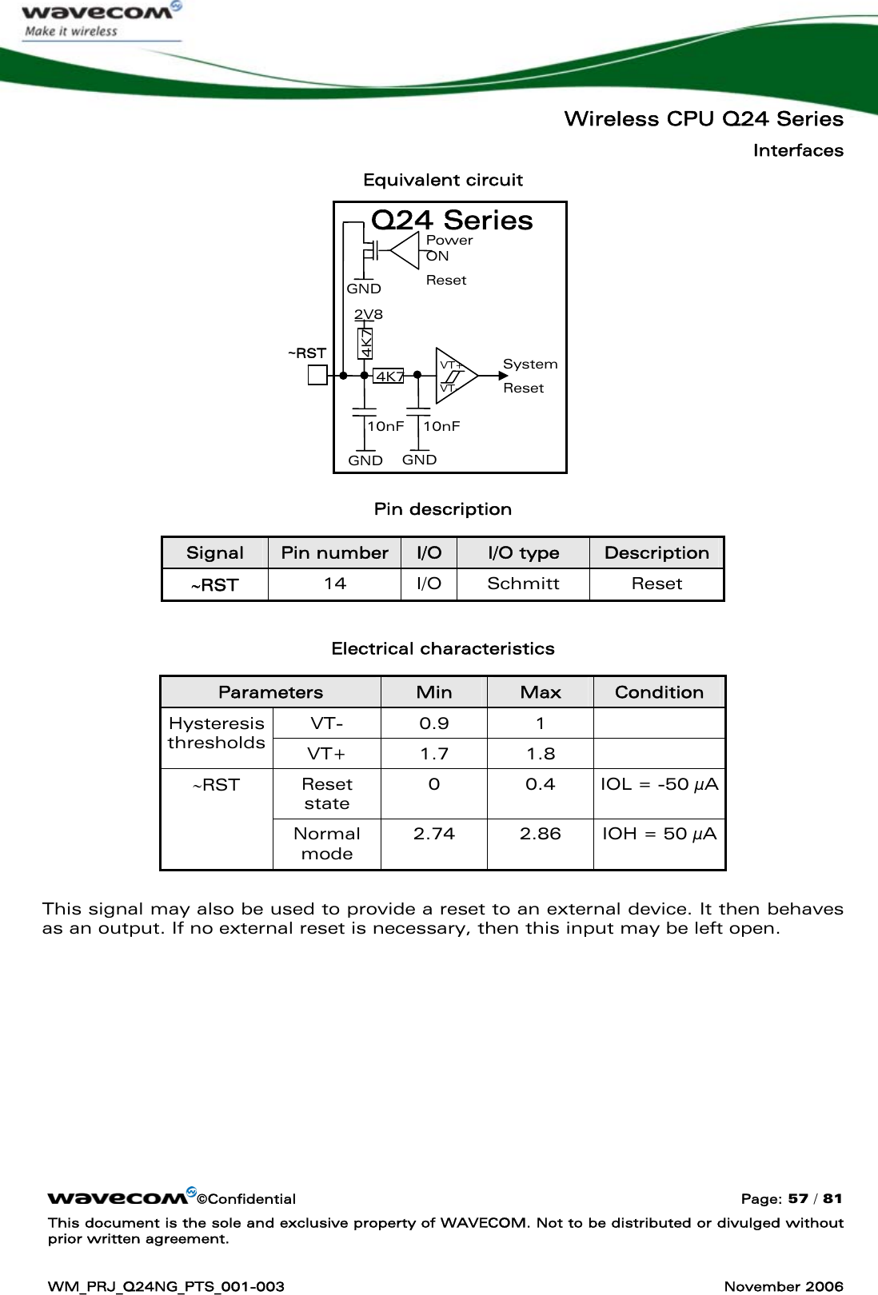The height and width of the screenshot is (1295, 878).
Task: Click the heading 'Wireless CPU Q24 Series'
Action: point(703,119)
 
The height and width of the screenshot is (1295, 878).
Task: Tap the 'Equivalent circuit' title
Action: point(443,180)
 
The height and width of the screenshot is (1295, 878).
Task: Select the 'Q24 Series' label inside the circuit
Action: point(453,220)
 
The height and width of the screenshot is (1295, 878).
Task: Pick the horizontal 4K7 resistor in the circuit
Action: point(389,376)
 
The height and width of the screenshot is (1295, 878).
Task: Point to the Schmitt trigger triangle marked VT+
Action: point(454,375)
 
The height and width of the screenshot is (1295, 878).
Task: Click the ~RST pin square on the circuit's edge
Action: point(317,374)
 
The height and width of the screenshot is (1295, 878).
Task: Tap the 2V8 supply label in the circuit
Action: point(369,314)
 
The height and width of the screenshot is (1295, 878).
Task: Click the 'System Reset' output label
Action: point(529,376)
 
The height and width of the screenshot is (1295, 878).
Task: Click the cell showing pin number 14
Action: point(334,584)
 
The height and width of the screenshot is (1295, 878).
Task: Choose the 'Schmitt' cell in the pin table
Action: point(523,584)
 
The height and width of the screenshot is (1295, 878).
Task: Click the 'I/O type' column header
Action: point(523,552)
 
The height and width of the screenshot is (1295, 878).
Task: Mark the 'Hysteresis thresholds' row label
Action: point(216,733)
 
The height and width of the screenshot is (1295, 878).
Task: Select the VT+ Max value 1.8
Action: point(540,753)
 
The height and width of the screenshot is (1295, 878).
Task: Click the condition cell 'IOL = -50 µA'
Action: point(659,784)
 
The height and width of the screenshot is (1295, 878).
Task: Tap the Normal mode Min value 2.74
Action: point(433,834)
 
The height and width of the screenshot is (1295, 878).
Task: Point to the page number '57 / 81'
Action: point(812,1198)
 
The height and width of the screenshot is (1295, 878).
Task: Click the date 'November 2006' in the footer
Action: point(783,1285)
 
